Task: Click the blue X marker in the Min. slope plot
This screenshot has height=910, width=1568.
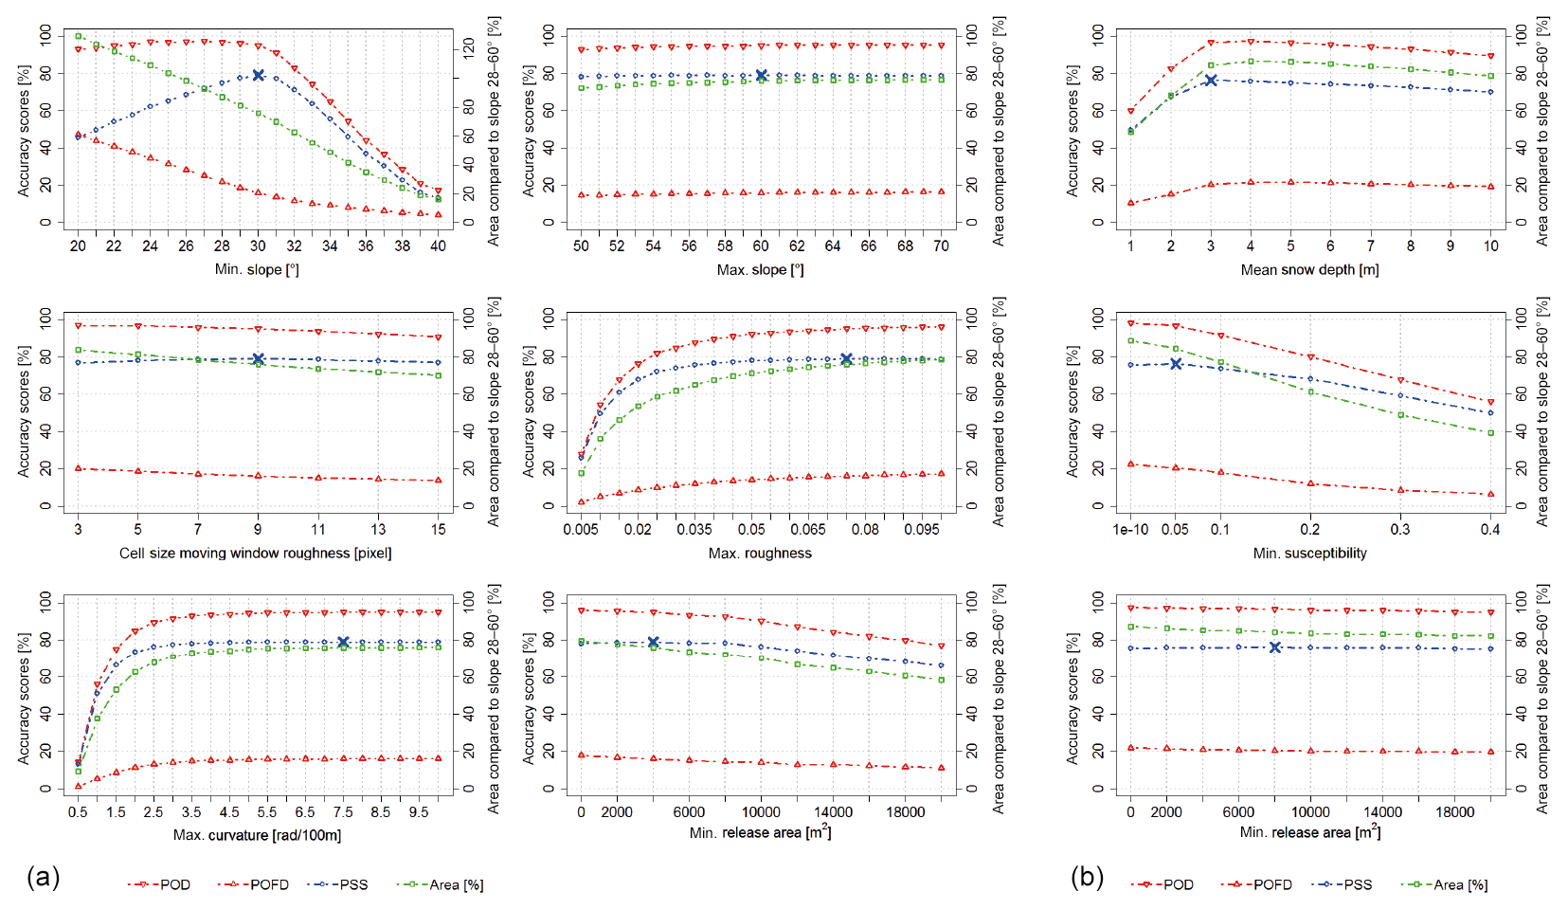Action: point(258,75)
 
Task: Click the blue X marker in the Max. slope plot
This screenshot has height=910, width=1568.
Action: point(761,76)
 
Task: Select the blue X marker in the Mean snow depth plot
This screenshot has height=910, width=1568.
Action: point(1211,81)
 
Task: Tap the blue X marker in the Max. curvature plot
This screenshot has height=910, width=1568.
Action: point(343,643)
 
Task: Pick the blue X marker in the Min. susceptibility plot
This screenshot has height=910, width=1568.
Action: point(1176,364)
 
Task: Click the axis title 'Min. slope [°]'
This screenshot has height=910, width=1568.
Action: point(257,269)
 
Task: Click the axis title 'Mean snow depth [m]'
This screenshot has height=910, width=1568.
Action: point(1309,269)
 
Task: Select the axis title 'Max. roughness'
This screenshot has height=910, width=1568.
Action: point(760,553)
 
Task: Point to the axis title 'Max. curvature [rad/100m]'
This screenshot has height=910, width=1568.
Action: point(257,835)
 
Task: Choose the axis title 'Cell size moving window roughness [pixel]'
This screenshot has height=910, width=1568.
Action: point(255,553)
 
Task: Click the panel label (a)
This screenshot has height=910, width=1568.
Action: point(44,877)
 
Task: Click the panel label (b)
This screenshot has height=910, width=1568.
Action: point(1087,877)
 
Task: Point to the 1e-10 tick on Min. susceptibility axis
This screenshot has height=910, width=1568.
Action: point(1131,529)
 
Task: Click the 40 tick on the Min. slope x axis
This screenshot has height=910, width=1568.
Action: point(438,246)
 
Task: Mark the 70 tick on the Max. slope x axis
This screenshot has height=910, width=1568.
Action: point(941,246)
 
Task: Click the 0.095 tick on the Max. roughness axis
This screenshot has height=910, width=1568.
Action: point(922,529)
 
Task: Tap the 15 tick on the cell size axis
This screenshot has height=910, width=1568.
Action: point(438,529)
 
